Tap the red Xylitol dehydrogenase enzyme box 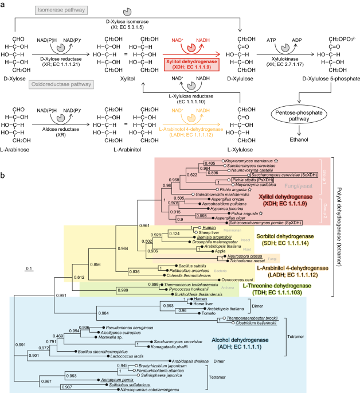point(187,63)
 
